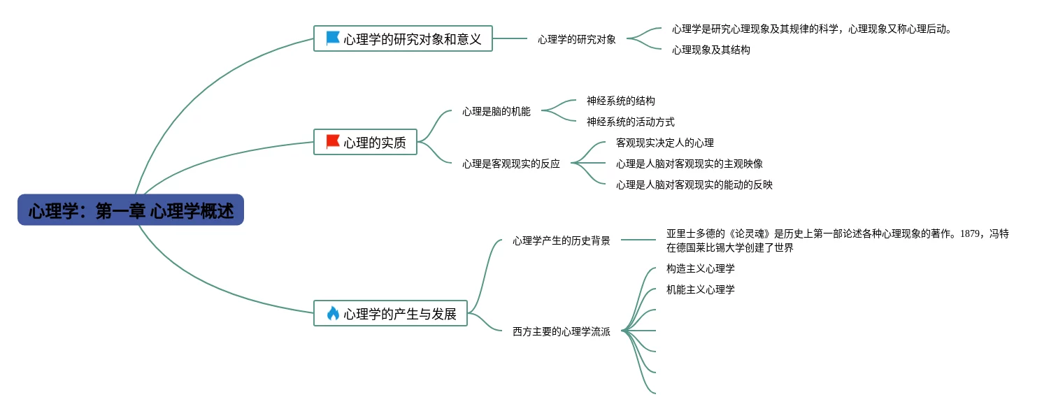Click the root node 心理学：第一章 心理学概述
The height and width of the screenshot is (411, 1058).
[x=131, y=210]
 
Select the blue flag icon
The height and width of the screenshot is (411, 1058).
[x=333, y=38]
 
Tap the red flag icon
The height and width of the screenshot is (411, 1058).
[x=333, y=141]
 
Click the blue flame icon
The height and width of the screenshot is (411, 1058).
[x=333, y=314]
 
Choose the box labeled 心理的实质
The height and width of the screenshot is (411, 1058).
[x=365, y=142]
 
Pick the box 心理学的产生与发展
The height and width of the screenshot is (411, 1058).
[x=390, y=314]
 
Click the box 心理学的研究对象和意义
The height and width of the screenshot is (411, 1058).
[x=403, y=38]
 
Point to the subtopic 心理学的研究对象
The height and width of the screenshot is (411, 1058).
[x=576, y=39]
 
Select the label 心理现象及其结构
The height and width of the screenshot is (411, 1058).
[x=710, y=50]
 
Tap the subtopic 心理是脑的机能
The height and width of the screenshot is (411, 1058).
[x=496, y=112]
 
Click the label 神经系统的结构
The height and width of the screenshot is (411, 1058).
[x=620, y=101]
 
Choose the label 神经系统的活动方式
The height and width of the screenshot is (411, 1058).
[x=630, y=122]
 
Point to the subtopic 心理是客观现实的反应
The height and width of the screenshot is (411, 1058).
[x=510, y=164]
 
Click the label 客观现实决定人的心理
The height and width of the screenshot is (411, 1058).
[x=664, y=143]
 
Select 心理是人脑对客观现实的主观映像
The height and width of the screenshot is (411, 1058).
[x=689, y=164]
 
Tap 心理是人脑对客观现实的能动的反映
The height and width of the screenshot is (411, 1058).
[x=694, y=185]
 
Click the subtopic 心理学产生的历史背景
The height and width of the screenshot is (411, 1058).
[x=561, y=240]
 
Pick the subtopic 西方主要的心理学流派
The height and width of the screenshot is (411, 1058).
[x=561, y=332]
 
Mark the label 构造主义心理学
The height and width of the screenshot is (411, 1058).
[x=700, y=269]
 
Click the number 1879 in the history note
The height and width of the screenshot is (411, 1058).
[x=970, y=234]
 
